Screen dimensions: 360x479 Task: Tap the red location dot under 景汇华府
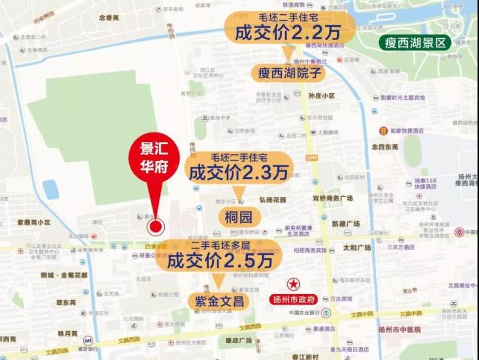tap(156, 226)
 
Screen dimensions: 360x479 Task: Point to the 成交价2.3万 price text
tap(238, 173)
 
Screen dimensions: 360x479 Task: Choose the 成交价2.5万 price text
tap(220, 261)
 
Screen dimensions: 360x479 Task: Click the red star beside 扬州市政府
tap(293, 283)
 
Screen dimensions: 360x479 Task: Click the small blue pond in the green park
tap(51, 189)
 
